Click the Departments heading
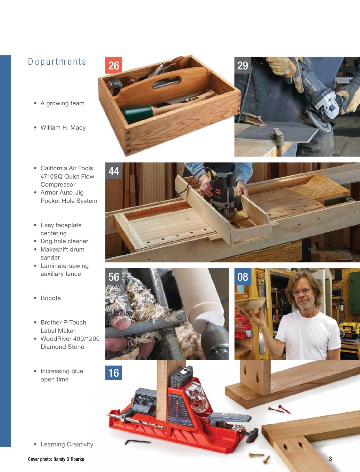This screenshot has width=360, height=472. [57, 61]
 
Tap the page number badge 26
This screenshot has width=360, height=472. [114, 65]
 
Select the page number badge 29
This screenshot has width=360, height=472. [242, 65]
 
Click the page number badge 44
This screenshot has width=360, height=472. [114, 171]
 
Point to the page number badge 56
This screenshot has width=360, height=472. [114, 276]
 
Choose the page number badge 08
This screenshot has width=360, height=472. [242, 276]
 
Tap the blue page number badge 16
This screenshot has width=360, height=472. [114, 373]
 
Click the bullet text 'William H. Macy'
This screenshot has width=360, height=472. [63, 128]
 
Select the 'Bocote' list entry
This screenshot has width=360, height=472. [51, 298]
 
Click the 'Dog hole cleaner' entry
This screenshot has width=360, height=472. [64, 241]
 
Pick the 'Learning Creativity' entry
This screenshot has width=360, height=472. [67, 444]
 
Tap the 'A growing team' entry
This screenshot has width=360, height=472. [62, 103]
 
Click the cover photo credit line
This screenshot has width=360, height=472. [56, 459]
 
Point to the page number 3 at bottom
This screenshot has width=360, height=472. [330, 459]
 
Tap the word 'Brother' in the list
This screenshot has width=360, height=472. [51, 323]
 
